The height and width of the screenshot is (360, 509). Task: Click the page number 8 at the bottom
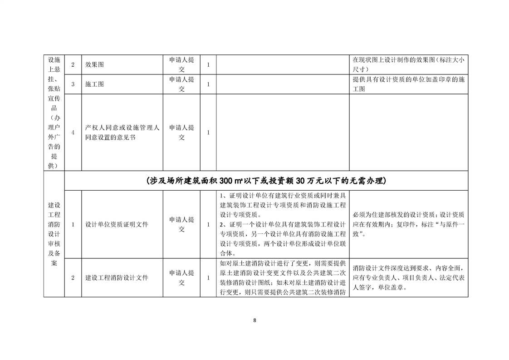[x=254, y=321]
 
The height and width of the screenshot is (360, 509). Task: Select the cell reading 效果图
[x=94, y=65]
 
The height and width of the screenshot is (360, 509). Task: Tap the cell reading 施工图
[x=94, y=84]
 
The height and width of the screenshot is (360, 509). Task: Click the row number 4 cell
[x=73, y=133]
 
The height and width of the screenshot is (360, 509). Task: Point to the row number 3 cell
[x=73, y=84]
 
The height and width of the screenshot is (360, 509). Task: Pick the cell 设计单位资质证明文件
[x=117, y=224]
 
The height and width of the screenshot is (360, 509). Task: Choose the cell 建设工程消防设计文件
[x=117, y=278]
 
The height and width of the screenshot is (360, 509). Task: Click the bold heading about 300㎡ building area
[x=266, y=181]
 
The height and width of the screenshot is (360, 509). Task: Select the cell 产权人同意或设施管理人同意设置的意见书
[x=122, y=133]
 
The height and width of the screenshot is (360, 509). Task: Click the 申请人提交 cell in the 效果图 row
[x=181, y=65]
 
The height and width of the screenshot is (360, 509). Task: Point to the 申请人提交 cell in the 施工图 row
[x=181, y=84]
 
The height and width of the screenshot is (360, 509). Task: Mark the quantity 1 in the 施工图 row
[x=208, y=84]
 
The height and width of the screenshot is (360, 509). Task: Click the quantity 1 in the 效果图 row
[x=208, y=65]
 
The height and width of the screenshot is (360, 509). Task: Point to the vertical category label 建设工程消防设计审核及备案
[x=54, y=234]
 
